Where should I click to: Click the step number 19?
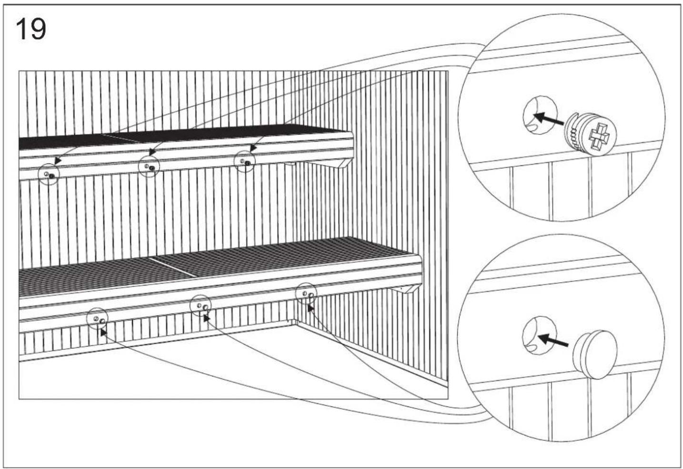[31, 30]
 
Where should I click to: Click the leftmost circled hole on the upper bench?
[49, 175]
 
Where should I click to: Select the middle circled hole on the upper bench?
[149, 167]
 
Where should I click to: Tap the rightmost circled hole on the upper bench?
[245, 163]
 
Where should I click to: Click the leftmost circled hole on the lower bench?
[98, 319]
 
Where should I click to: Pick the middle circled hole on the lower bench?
[201, 306]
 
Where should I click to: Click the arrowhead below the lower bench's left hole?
[103, 331]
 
